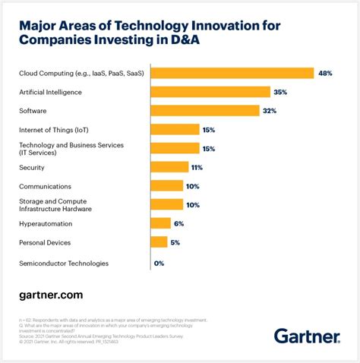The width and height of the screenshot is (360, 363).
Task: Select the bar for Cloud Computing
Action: pyautogui.click(x=232, y=73)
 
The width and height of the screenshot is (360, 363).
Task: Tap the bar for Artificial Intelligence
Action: pyautogui.click(x=210, y=92)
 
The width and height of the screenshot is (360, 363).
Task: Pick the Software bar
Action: pyautogui.click(x=205, y=111)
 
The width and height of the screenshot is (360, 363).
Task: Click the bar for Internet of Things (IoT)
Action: pyautogui.click(x=175, y=130)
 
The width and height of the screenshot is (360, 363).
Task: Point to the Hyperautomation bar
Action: pyautogui.click(x=161, y=223)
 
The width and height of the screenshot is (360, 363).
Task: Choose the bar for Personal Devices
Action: pyautogui.click(x=159, y=242)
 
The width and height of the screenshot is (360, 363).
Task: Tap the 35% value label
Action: pyautogui.click(x=281, y=92)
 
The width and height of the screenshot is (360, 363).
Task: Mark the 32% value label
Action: pyautogui.click(x=270, y=111)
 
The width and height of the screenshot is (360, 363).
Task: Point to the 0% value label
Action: pyautogui.click(x=159, y=264)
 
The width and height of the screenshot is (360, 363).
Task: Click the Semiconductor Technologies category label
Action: pyautogui.click(x=64, y=264)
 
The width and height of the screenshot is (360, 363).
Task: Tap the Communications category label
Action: pyautogui.click(x=45, y=186)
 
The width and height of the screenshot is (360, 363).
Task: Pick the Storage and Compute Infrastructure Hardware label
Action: pyautogui.click(x=55, y=204)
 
